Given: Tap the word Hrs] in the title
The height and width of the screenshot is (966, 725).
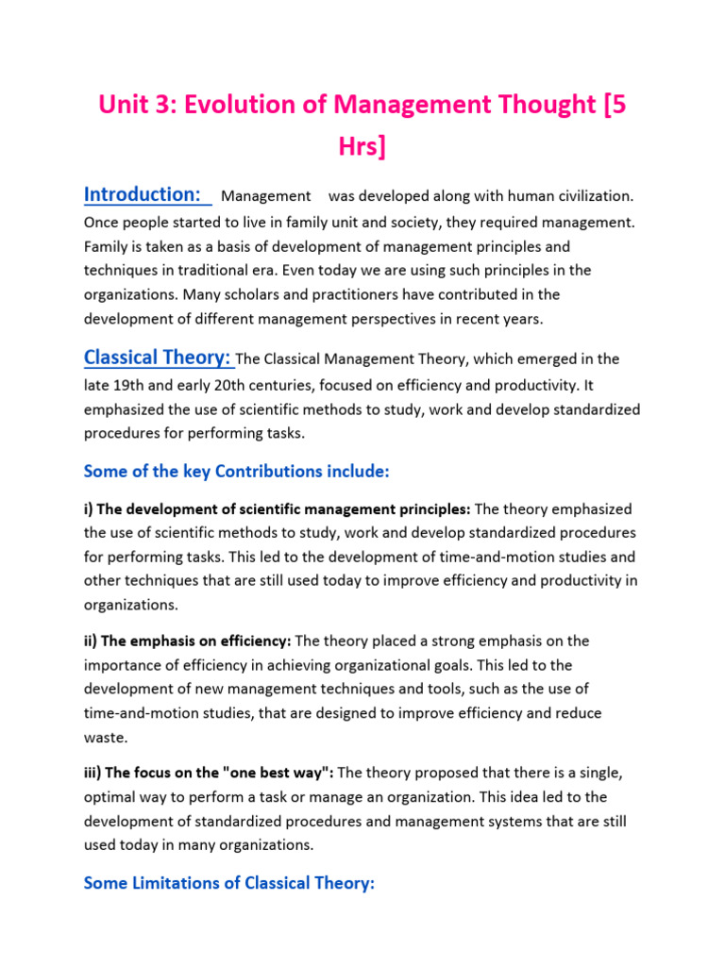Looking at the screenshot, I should [x=362, y=146].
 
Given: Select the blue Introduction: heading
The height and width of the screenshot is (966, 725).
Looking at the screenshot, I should [x=147, y=194].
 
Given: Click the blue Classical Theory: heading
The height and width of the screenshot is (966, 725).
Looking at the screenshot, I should [x=158, y=358].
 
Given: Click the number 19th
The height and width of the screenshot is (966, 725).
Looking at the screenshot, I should [x=130, y=385].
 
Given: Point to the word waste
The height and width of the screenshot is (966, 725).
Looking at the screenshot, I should [x=104, y=738].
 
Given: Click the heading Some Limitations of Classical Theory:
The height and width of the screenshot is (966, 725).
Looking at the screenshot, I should [x=229, y=883].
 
